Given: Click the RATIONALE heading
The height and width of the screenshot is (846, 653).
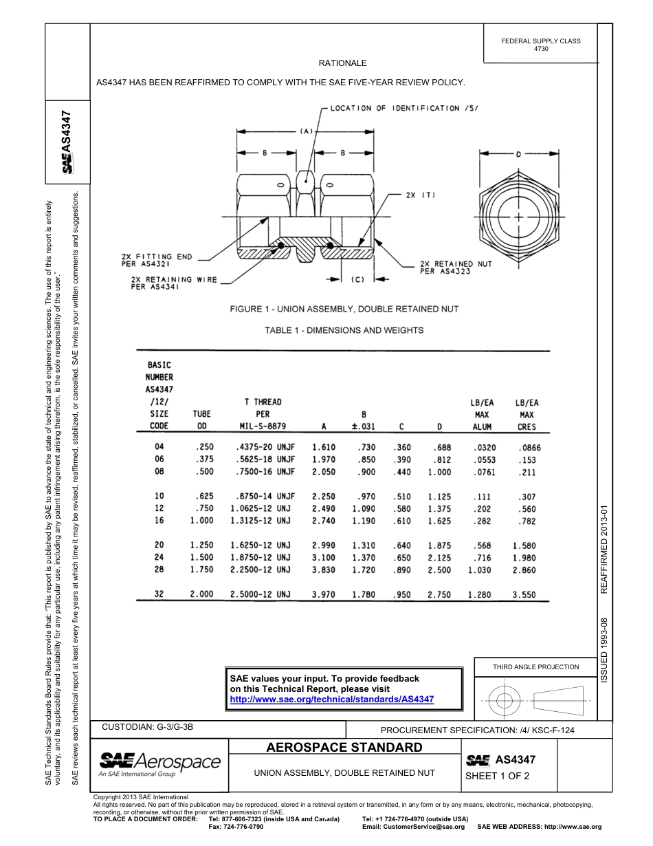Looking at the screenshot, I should click(x=342, y=63).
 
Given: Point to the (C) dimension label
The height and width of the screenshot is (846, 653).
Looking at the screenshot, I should click(x=357, y=279).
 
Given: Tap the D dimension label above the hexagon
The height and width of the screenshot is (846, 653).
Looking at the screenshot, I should click(x=518, y=153).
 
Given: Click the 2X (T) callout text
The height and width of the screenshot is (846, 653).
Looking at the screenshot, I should click(x=421, y=195).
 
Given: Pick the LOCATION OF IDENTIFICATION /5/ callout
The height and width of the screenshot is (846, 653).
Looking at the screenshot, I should click(x=403, y=108).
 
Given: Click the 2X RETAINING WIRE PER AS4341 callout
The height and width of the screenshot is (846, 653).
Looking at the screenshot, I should click(x=174, y=283).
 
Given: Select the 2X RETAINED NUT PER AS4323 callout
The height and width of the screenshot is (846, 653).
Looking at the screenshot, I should click(x=456, y=268).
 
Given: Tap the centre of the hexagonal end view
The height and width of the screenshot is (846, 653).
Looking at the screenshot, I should click(x=518, y=217).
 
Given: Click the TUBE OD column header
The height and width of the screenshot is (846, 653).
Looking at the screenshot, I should click(x=202, y=420).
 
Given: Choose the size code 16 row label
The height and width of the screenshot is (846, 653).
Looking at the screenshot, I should click(x=159, y=521).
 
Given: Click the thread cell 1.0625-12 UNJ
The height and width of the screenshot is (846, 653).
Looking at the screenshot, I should click(x=263, y=508).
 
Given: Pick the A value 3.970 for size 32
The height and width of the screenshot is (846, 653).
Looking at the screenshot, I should click(x=324, y=595).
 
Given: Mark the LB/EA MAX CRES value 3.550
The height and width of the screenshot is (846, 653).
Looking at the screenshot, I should click(x=524, y=595).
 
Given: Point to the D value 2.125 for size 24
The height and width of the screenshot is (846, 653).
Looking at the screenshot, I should click(x=439, y=558).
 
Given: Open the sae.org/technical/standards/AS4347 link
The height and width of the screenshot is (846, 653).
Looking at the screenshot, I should click(x=331, y=699).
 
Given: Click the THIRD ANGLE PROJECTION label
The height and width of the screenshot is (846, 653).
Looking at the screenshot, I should click(x=535, y=666).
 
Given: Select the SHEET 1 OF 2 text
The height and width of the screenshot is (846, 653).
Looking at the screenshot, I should click(x=498, y=777).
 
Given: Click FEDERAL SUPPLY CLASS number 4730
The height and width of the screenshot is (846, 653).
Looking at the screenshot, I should click(x=541, y=50).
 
